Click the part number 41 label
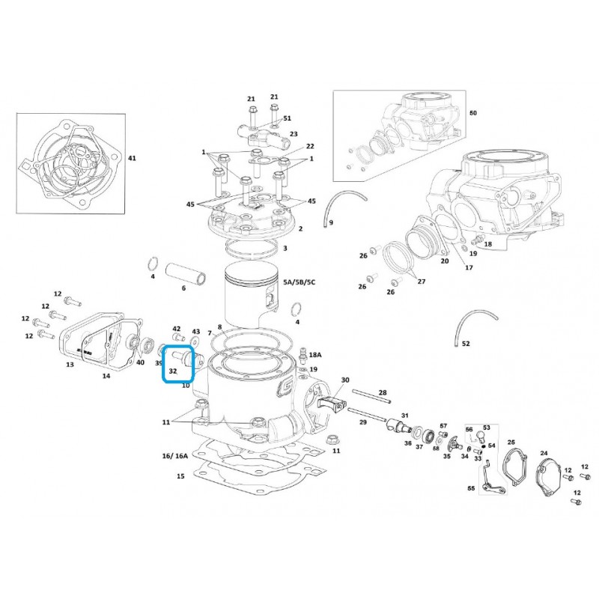coord(132,158)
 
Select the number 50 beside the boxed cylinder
coord(473,113)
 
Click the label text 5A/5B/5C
coord(299,282)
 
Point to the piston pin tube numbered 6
coord(186,274)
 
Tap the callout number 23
coord(294,134)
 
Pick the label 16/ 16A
coord(175,456)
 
